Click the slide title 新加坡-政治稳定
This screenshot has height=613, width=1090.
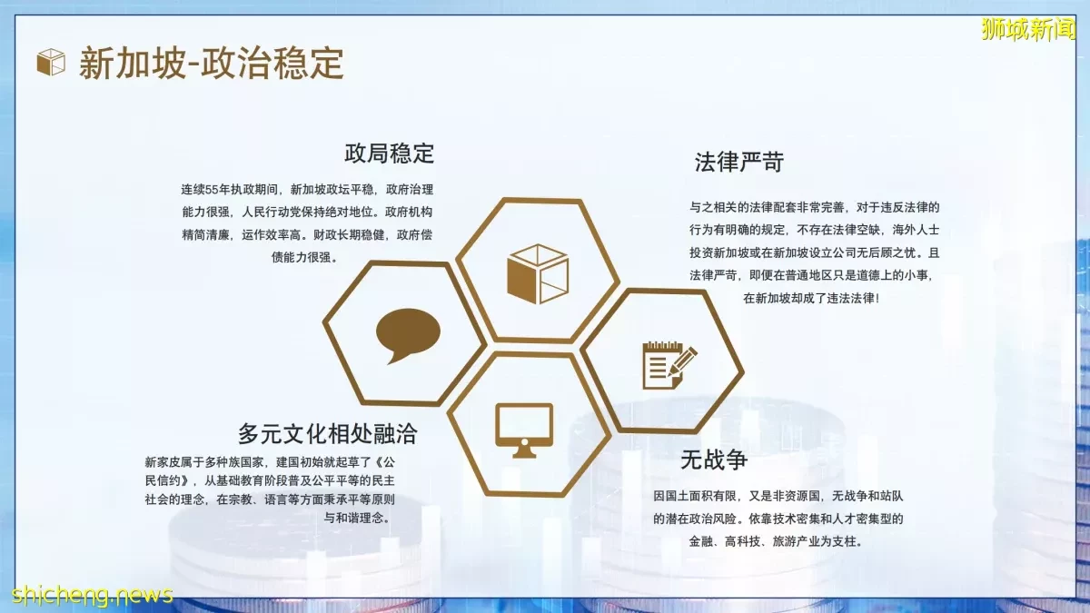[212, 64]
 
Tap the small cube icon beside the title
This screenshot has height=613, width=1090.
[51, 63]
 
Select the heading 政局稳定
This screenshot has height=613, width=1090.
[389, 153]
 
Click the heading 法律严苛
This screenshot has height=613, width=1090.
[738, 162]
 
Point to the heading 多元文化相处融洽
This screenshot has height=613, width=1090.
[328, 433]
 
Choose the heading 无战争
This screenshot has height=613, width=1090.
[713, 460]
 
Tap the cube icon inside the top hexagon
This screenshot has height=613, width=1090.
[538, 274]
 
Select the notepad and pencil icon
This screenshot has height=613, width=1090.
[669, 365]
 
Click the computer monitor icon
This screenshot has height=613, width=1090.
[524, 430]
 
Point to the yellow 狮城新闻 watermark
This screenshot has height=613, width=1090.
[1027, 30]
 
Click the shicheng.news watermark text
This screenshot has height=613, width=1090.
[92, 594]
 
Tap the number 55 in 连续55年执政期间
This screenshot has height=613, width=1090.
[212, 189]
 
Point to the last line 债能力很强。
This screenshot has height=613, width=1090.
[304, 257]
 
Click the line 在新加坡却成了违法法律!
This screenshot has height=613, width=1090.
[811, 298]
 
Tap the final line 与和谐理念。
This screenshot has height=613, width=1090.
[358, 518]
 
